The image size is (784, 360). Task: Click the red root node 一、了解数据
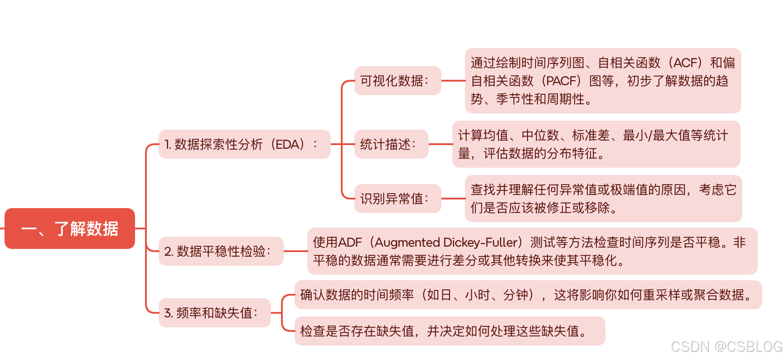70,229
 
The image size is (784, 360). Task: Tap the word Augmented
407,243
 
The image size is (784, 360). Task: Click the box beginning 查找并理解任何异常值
603,199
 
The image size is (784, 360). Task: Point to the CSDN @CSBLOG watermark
726,347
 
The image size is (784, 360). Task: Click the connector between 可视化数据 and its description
453,81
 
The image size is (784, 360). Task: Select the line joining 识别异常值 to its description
453,199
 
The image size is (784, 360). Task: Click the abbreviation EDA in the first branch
287,145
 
